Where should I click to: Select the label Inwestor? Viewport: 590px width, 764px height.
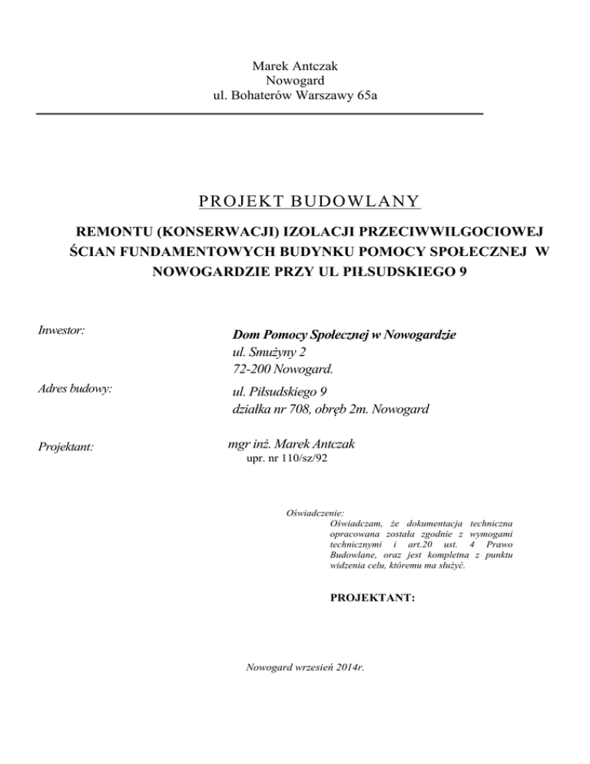61,331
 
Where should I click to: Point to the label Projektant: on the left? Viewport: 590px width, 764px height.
65,447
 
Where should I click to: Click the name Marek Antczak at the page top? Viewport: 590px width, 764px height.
295,67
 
